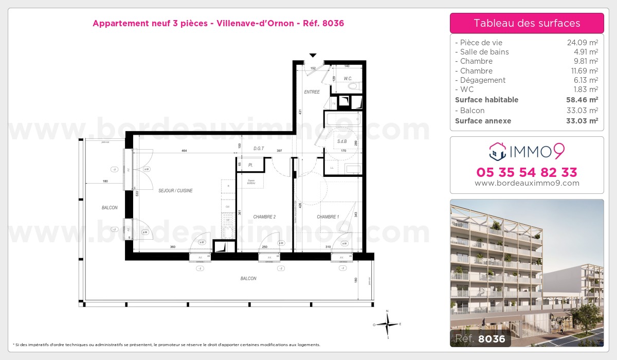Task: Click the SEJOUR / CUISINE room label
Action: [175, 191]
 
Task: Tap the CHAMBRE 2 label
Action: [264, 217]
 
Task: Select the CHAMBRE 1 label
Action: [328, 217]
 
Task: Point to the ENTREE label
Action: [312, 92]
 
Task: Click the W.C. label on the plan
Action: [348, 79]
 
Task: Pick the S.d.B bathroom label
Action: [342, 141]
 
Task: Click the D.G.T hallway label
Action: [259, 149]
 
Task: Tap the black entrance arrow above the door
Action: [313, 55]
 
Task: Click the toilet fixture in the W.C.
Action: [354, 86]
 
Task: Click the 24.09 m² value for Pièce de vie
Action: [582, 43]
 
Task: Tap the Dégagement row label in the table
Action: [480, 80]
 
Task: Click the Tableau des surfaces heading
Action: [527, 23]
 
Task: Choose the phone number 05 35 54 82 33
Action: [527, 172]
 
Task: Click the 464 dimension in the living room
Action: [184, 150]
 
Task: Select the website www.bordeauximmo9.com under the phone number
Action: [527, 183]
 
